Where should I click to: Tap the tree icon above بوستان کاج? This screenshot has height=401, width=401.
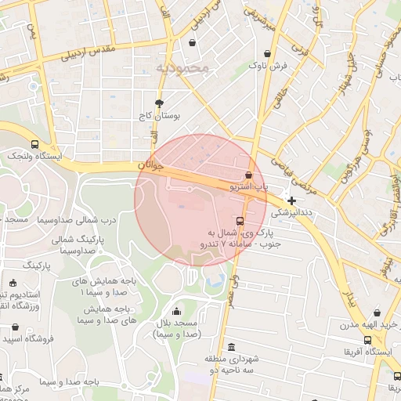(x=160, y=103)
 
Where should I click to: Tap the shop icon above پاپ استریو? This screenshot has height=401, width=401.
(x=249, y=175)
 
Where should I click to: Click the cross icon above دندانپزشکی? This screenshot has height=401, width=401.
(x=292, y=201)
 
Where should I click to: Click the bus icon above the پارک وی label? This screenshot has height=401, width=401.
(x=240, y=221)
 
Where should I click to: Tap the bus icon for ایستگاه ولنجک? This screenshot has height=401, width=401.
(x=34, y=144)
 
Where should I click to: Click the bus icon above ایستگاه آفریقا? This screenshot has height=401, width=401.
(x=368, y=340)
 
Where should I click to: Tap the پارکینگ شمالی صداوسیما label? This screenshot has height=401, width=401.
(x=77, y=244)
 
